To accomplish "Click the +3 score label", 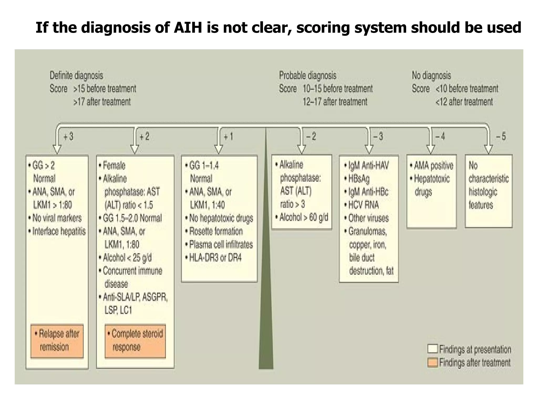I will pos(69,137).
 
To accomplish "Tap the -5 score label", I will pos(501,137).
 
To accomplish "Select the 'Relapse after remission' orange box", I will pos(57,341).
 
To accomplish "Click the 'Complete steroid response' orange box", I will pos(135,341).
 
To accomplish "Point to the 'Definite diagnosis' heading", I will pos(76,75).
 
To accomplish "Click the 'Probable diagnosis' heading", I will pos(308,75).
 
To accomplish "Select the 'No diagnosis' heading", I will pos(431,75).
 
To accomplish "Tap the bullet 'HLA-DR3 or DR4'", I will pos(215,257).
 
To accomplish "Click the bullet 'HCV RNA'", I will pos(363,205).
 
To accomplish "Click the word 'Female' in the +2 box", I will pos(114,165).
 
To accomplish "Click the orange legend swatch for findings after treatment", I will pos(432,362).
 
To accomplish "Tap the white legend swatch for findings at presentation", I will pos(432,349).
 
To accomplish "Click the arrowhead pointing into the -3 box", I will pos(369,149).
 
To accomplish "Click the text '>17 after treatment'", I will pos(102,102).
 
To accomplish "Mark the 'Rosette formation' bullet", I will pos(216,231).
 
